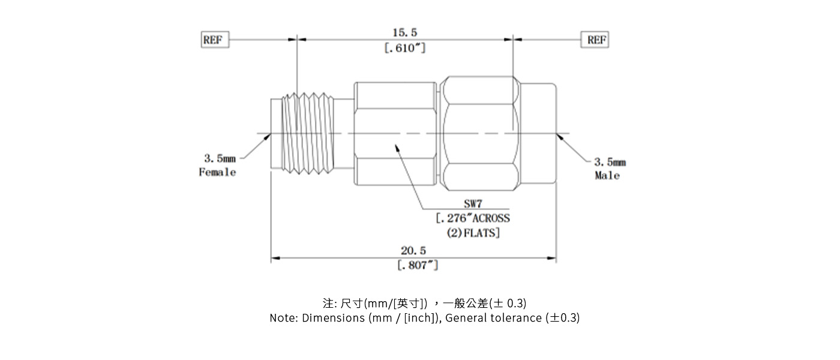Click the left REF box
[215, 40]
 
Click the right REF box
[595, 40]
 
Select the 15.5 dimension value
[404, 32]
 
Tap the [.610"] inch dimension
[404, 48]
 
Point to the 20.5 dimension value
[413, 250]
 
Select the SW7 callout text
[473, 204]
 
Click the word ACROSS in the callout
[489, 218]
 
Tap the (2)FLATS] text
[473, 233]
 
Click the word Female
[217, 173]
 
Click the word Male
[607, 176]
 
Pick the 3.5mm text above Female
[220, 159]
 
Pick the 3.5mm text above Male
[610, 162]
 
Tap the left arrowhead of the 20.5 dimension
[275, 259]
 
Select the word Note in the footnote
[281, 318]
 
